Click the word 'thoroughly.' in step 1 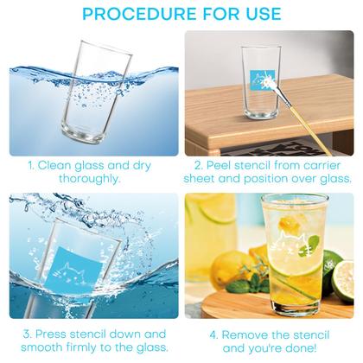coord(90,179)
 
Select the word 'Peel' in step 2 coord(219,166)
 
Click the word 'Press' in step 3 coord(51,334)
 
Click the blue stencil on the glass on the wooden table coord(263,80)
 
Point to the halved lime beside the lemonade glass coord(343,281)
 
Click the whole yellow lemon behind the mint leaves coord(226,267)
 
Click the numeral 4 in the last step coord(213,335)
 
